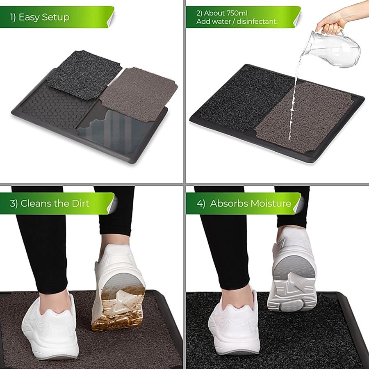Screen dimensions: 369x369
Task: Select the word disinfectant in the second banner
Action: click(257, 21)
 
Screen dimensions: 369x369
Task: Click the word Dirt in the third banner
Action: click(80, 203)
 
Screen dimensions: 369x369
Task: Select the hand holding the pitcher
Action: click(332, 23)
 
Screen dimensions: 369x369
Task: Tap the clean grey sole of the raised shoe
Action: click(293, 282)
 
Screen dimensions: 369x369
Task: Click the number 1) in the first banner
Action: click(13, 17)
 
